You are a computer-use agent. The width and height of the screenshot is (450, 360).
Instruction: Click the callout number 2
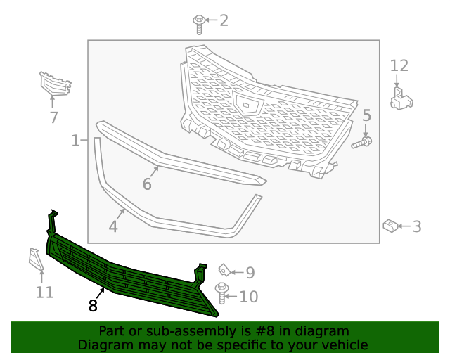(224, 20)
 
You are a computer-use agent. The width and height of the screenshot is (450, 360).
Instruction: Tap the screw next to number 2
(200, 23)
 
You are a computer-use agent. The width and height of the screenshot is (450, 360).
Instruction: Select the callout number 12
(399, 65)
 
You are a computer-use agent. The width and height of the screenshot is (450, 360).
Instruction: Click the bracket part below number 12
(401, 96)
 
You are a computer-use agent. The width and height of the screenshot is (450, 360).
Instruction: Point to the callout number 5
(366, 115)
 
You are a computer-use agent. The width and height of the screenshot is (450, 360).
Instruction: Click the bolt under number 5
(362, 142)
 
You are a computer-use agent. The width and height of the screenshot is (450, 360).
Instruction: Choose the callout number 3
(417, 226)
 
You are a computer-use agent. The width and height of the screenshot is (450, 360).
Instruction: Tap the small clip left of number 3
(390, 226)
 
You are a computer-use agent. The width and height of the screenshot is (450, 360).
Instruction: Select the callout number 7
(53, 117)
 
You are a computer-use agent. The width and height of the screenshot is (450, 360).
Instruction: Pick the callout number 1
(75, 141)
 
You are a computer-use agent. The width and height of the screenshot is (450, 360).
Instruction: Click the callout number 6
(147, 184)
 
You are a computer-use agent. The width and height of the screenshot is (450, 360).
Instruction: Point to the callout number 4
(113, 226)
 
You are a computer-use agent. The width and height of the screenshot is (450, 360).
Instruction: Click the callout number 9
(250, 273)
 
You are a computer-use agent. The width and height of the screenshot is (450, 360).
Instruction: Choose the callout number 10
(248, 297)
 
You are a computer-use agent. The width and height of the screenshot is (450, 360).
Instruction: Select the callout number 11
(45, 291)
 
